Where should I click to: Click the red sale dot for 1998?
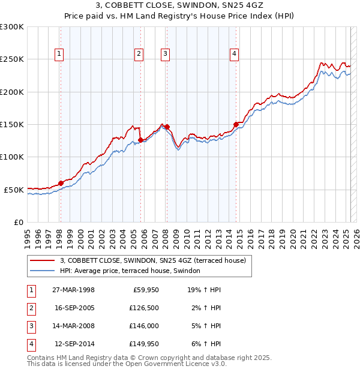pyautogui.click(x=61, y=183)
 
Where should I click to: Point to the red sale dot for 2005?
pyautogui.click(x=140, y=140)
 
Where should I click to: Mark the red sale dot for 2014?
pyautogui.click(x=236, y=125)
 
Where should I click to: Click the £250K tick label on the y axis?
pyautogui.click(x=12, y=59)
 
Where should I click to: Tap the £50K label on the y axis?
pyautogui.click(x=14, y=190)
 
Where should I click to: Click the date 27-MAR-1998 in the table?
pyautogui.click(x=74, y=290)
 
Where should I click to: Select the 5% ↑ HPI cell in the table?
pyautogui.click(x=205, y=326)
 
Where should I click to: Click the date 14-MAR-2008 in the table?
pyautogui.click(x=74, y=326)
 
